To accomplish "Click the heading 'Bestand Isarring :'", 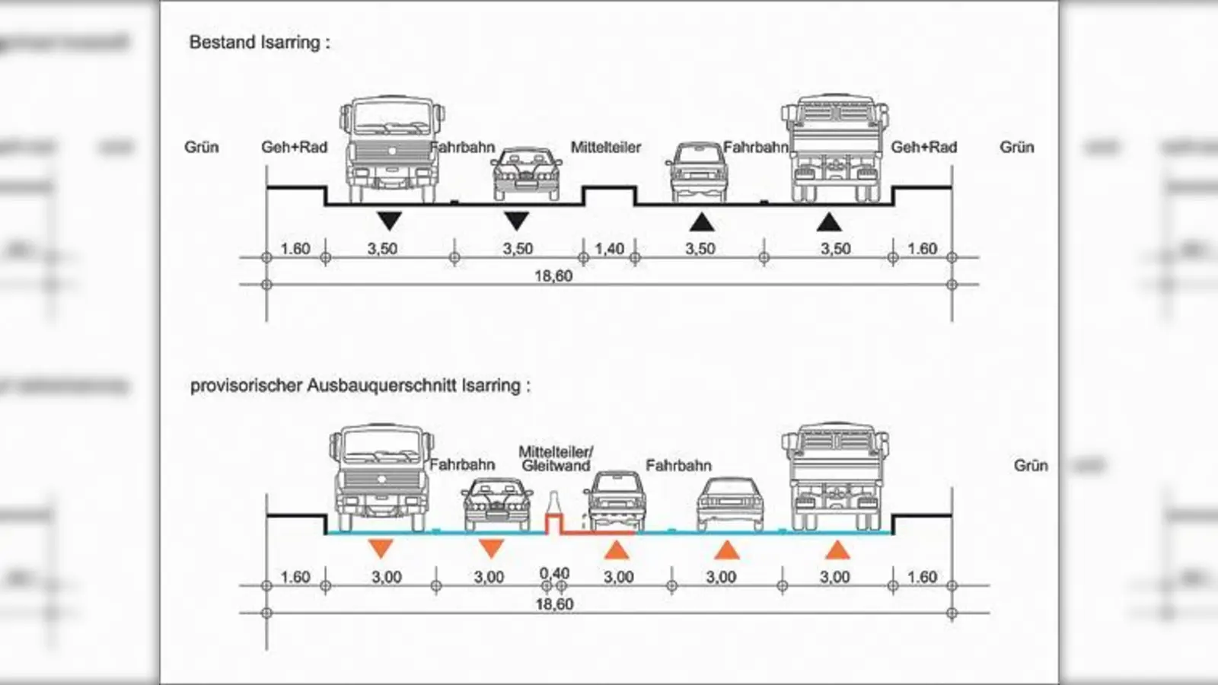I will click(260, 43).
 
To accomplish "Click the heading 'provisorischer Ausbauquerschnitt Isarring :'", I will click(359, 386).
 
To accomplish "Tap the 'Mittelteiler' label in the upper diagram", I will click(606, 148).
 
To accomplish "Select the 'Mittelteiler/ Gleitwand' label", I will click(556, 459).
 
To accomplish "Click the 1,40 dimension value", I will click(609, 249).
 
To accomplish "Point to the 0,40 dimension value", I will click(554, 574).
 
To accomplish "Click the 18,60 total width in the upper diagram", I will click(553, 276).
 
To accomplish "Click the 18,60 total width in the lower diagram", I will click(554, 604).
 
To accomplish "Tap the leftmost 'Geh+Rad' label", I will click(294, 148).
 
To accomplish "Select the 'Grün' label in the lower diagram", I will click(1031, 466).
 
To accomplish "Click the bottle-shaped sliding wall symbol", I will click(553, 508).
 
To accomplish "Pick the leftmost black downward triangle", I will click(389, 221).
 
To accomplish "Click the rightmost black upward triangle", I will click(829, 221).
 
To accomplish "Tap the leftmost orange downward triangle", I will click(380, 547).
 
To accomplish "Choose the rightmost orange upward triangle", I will click(837, 550).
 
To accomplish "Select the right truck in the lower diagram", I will click(836, 477).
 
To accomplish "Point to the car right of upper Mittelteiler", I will click(696, 173).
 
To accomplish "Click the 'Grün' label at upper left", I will click(201, 148).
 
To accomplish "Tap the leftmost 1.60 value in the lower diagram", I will click(295, 577).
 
